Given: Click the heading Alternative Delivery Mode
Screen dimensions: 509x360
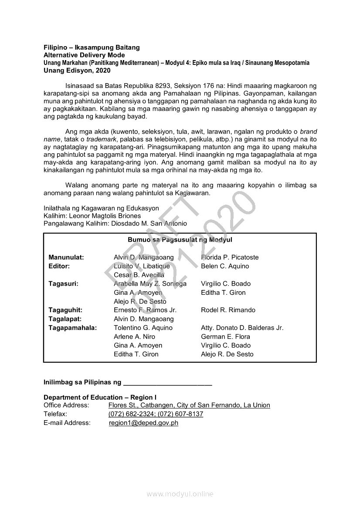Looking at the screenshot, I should coord(84,55).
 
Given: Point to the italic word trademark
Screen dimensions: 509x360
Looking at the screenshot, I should coord(102,139).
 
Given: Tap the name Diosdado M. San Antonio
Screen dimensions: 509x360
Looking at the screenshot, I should coord(149,224).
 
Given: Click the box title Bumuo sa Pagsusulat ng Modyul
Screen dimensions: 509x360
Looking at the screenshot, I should coord(180,240).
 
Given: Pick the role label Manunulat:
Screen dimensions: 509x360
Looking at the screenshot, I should coord(66,257).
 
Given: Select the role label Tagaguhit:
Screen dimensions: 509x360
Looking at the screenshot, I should coord(65,310).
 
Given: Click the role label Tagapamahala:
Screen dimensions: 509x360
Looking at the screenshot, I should coord(73,328).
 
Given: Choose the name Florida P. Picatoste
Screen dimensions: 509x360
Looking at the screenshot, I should coord(230,257).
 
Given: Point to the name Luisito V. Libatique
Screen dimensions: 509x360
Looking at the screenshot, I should coord(142,266).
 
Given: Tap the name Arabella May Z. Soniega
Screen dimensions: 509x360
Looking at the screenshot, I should coord(150,284).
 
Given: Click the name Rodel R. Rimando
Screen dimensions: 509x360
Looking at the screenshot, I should coord(228,310).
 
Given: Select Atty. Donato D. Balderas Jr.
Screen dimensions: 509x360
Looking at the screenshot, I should coord(242,328).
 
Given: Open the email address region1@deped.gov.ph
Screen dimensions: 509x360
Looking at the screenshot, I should coord(143,423).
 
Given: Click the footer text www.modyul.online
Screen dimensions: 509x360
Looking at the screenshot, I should coord(180,494).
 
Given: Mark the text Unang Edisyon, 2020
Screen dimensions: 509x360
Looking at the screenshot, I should coord(77,70).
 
